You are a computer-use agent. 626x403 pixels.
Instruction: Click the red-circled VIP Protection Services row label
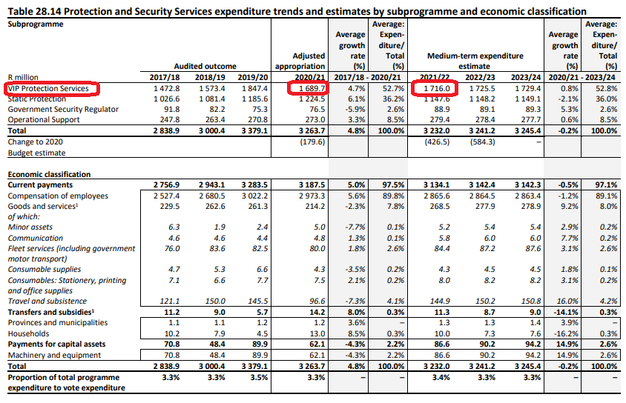48,88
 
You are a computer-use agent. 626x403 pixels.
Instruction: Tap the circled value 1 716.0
437,88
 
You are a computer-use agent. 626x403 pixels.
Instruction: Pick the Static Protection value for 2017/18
166,99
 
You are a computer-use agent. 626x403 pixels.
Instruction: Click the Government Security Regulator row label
63,109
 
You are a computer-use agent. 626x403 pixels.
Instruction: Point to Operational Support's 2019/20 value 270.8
257,119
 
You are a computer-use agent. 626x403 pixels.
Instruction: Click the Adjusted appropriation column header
300,61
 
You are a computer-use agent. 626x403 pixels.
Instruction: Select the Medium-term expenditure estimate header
475,61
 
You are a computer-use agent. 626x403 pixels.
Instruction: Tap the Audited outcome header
205,66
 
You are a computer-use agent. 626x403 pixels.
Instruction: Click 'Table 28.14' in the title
34,11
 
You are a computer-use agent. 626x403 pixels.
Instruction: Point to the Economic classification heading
49,174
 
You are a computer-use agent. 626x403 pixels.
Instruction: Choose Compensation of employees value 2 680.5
212,196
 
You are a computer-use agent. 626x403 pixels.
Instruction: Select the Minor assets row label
30,227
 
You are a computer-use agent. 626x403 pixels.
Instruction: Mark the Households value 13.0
317,333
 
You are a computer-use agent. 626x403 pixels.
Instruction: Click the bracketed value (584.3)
482,142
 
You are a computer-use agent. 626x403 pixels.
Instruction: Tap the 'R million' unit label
23,77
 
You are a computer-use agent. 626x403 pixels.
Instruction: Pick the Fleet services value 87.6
533,248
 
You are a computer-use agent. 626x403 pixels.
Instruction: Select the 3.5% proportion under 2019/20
259,378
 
